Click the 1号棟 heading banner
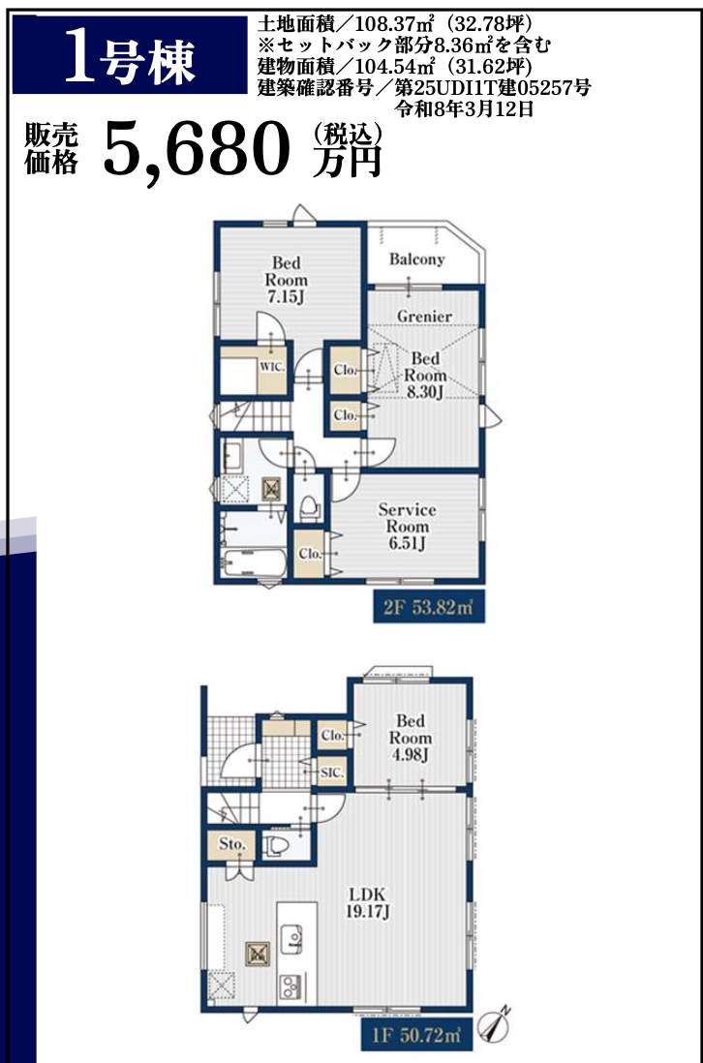[x=130, y=55]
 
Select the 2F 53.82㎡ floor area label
[x=429, y=607]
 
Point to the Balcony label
[x=417, y=258]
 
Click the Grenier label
[x=424, y=316]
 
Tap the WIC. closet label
[x=272, y=367]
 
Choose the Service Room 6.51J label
[x=407, y=526]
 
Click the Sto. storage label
[x=231, y=845]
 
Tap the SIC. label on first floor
[x=332, y=773]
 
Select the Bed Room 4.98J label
[x=410, y=738]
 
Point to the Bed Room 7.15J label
[x=286, y=280]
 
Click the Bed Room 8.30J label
[x=425, y=375]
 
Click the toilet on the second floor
[x=310, y=506]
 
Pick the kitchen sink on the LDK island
[x=292, y=938]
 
